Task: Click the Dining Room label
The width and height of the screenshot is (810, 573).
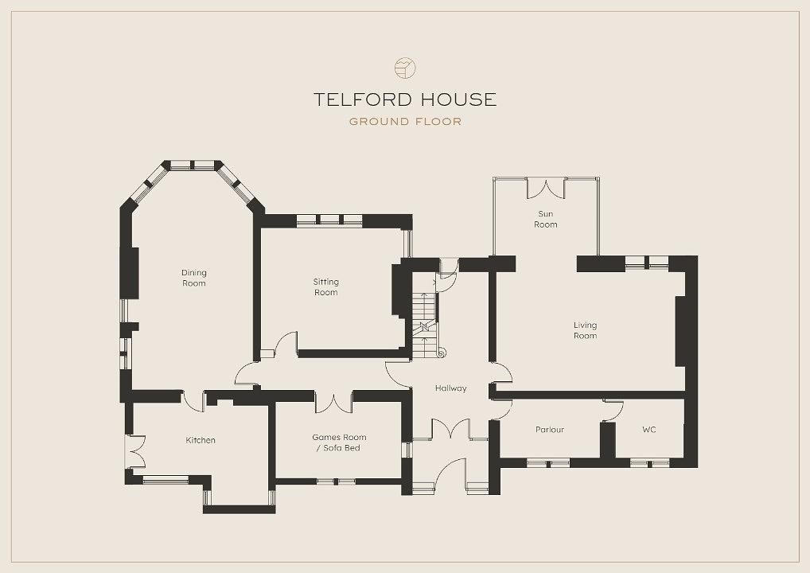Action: tap(193, 278)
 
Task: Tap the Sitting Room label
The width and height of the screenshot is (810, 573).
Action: tap(326, 286)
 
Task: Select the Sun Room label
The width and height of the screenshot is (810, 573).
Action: tap(546, 219)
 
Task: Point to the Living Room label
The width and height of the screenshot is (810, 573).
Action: tap(586, 330)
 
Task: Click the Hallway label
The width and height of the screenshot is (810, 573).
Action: tap(450, 388)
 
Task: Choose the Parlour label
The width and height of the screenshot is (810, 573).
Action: tap(550, 430)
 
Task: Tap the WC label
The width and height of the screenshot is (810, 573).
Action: tap(648, 430)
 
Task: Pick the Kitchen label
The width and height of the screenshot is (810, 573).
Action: tap(201, 440)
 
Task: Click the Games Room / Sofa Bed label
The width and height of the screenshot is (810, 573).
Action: tap(339, 442)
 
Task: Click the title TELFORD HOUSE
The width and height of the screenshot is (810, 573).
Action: tap(405, 99)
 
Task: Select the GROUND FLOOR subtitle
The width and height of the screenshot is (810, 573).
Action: tap(405, 122)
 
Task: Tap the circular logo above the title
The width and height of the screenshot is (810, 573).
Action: tap(405, 68)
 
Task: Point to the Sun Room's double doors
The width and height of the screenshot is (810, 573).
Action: tap(547, 188)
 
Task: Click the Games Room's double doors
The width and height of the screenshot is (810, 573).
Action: tap(333, 403)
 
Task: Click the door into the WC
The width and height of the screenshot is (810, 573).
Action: tap(613, 410)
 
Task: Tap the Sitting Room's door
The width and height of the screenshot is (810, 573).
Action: tap(286, 345)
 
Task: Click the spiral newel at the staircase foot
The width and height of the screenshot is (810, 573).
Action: tap(442, 353)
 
